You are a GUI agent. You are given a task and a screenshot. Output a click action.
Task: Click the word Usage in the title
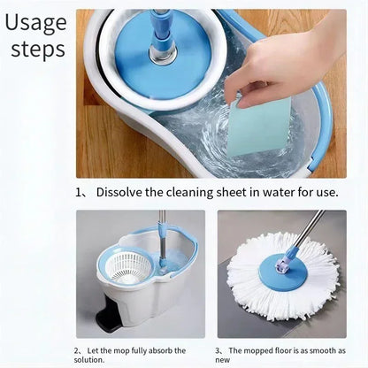point(36,21)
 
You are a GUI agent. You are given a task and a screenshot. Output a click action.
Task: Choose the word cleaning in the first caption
point(195,191)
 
